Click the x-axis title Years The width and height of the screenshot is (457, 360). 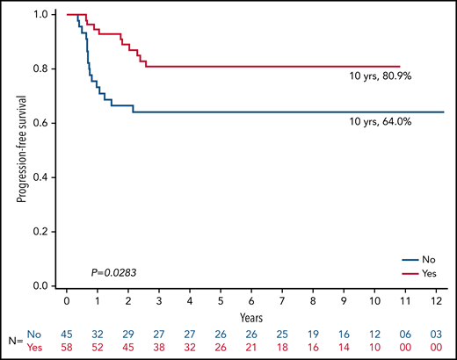pyautogui.click(x=251, y=313)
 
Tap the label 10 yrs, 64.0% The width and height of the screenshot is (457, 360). pyautogui.click(x=381, y=123)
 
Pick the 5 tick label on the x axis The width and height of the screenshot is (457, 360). pyautogui.click(x=221, y=300)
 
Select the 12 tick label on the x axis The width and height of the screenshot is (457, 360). pyautogui.click(x=436, y=300)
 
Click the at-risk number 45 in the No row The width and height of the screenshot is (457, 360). pyautogui.click(x=67, y=335)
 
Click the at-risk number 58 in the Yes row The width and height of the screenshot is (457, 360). pyautogui.click(x=67, y=349)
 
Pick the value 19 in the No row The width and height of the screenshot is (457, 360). pyautogui.click(x=313, y=335)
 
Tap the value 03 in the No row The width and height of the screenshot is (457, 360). pyautogui.click(x=436, y=335)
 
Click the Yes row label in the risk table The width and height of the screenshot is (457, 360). pyautogui.click(x=35, y=349)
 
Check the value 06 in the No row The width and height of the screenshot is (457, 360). pyautogui.click(x=405, y=335)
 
